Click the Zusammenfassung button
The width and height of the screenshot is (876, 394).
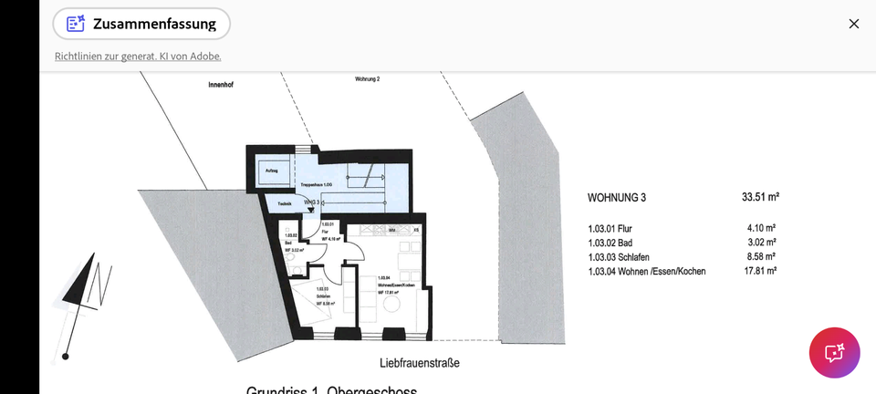[141, 24]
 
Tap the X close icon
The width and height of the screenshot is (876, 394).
[853, 24]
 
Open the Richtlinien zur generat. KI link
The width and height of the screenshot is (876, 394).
[138, 57]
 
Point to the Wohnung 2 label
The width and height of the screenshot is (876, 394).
[367, 79]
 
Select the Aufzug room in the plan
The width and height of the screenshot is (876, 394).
[272, 171]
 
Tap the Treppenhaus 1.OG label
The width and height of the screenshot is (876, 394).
[316, 186]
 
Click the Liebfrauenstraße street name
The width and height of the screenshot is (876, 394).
[420, 363]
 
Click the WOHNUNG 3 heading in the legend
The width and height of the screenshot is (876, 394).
[622, 197]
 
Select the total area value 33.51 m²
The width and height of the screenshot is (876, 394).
[760, 197]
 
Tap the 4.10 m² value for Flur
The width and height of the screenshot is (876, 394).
[761, 228]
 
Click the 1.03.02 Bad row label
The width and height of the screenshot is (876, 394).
[610, 243]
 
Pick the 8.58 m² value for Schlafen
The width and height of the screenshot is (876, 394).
[761, 257]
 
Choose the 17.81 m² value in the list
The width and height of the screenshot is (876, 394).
[759, 271]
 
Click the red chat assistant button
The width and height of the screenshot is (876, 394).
[834, 352]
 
